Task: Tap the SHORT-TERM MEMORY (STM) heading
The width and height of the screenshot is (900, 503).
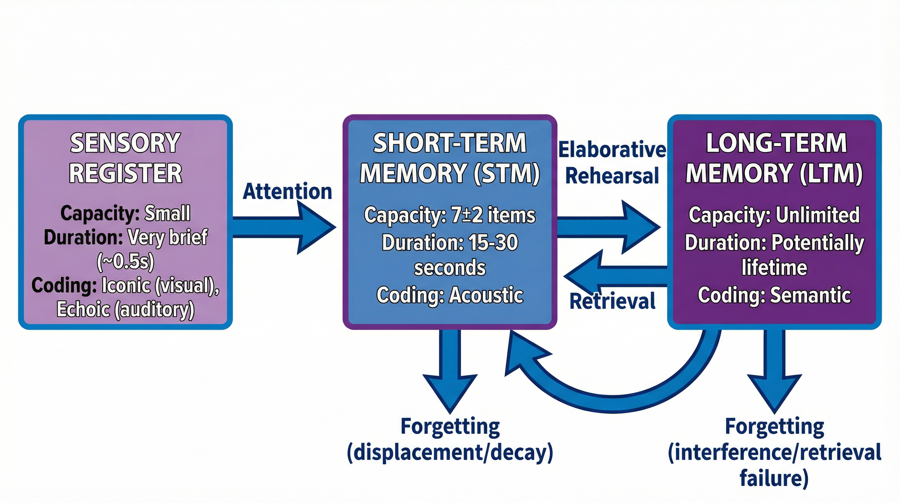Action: click(450, 158)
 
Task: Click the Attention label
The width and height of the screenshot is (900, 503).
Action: click(287, 192)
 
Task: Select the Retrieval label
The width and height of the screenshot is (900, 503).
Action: click(612, 302)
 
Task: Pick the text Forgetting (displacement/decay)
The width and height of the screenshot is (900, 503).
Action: click(450, 439)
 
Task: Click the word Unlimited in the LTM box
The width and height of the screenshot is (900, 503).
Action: click(818, 215)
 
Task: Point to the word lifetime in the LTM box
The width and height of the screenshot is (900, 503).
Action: click(774, 268)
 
